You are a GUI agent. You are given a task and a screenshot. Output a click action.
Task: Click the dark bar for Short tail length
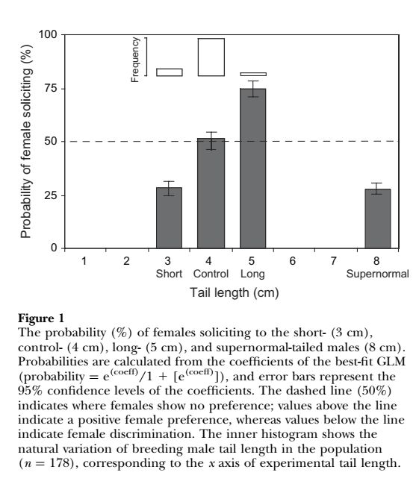169,218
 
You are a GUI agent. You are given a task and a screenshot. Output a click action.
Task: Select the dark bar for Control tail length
211,193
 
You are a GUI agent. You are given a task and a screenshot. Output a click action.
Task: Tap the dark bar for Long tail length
253,169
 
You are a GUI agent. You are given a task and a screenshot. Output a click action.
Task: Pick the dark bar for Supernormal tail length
378,219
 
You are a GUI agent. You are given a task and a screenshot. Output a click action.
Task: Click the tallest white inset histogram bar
211,57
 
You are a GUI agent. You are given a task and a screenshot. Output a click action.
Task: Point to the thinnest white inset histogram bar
253,74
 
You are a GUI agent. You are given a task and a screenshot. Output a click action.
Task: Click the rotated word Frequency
135,60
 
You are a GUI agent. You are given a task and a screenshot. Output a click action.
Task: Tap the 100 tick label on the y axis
48,34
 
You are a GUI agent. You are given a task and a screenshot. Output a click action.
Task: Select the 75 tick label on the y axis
51,89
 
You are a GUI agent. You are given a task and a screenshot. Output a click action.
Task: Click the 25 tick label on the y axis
51,195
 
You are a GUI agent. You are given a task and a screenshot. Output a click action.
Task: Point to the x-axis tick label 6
292,260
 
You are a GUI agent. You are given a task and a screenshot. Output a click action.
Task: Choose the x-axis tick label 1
84,260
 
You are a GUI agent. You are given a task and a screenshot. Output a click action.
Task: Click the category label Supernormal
377,274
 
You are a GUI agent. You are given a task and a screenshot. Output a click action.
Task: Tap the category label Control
211,274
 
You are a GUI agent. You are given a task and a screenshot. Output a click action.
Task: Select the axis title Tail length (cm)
234,293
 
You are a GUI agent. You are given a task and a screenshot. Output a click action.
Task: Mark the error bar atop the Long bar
253,89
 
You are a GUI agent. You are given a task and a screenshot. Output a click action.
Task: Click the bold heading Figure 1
41,318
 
